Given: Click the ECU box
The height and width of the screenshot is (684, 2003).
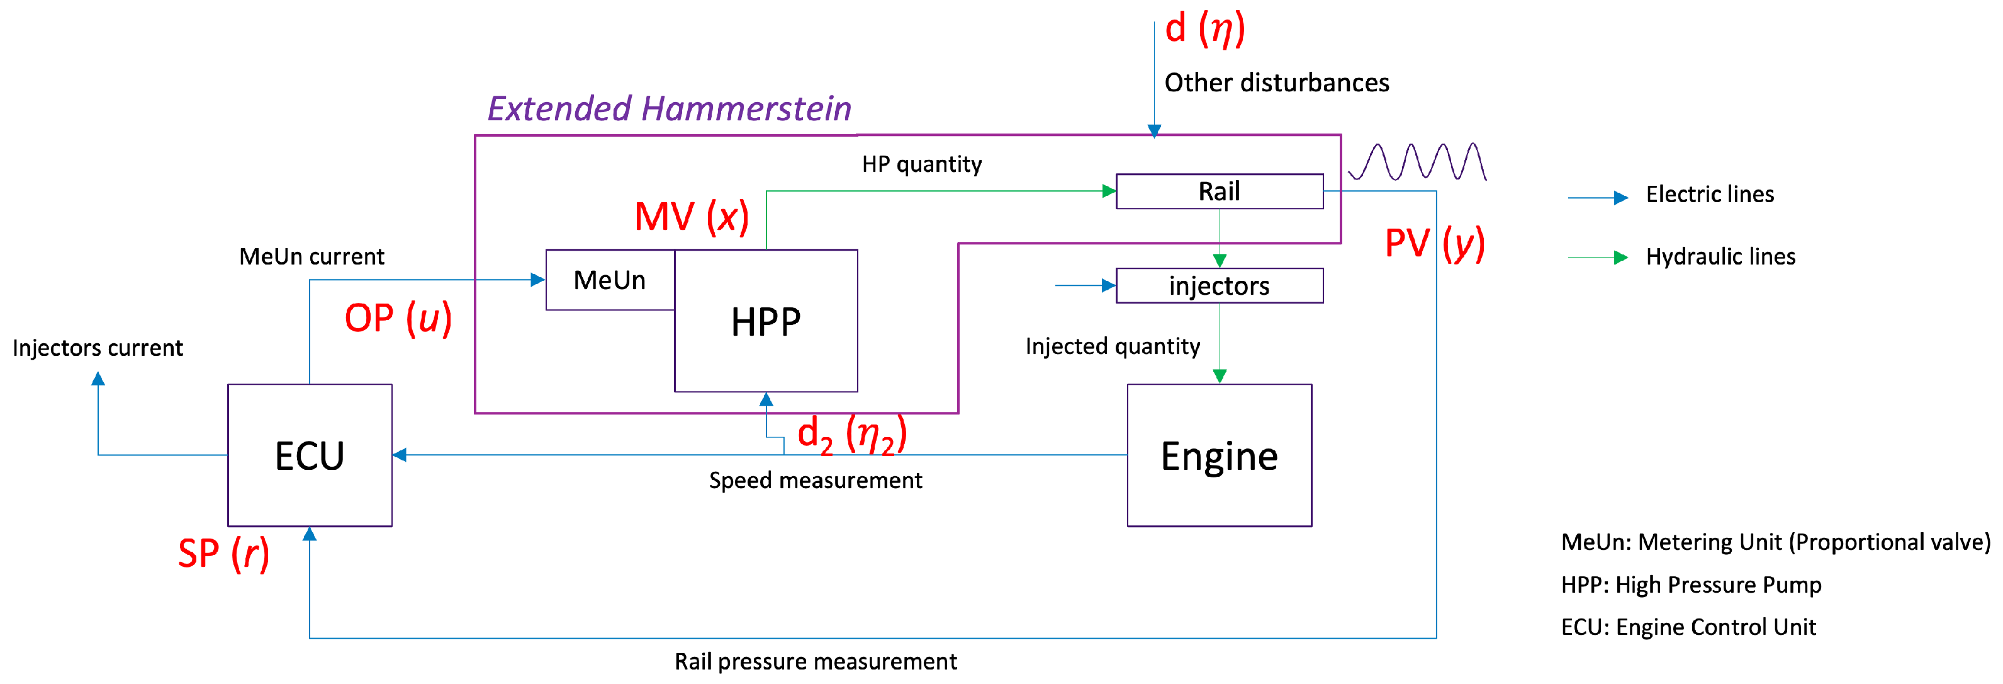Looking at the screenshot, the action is coord(310,455).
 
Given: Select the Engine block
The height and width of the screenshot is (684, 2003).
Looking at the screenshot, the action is coord(1219,455).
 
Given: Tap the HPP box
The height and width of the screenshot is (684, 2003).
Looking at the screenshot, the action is coord(766,321).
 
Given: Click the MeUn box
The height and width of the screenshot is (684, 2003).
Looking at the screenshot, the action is coord(610,280).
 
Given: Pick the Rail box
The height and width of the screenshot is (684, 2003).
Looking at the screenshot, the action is coord(1219,191).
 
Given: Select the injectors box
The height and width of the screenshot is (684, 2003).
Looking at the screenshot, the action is coord(1219,285).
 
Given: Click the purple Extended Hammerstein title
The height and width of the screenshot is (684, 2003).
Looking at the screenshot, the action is coord(669,108).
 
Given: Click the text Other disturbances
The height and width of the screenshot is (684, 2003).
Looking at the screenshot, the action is coord(1276,83).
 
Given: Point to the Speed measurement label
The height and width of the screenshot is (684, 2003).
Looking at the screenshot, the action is coord(815,480).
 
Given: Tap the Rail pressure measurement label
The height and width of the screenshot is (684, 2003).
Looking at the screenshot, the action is coord(815,661).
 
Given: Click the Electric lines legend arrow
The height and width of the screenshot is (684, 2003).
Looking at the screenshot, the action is coord(1598,198).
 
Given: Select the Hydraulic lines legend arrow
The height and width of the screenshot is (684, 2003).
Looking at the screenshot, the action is coord(1598,258).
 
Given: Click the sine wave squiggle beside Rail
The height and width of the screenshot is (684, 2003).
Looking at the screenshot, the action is coord(1417,162).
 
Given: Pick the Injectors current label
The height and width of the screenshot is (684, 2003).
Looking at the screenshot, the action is coord(97,348).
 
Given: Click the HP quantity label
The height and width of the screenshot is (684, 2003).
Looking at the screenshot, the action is coord(921,164).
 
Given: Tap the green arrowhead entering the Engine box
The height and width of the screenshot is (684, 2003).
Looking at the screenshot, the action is coord(1219,376).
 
